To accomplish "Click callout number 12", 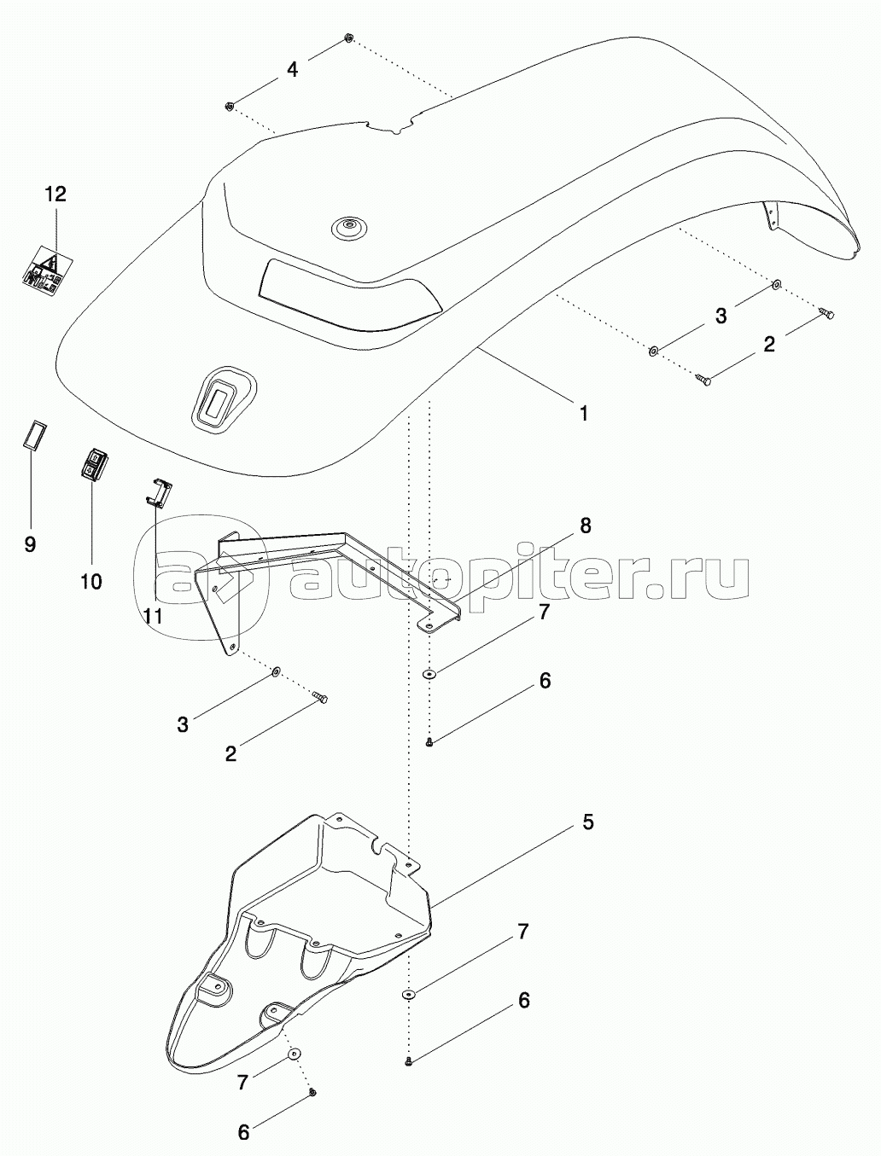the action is pyautogui.click(x=55, y=195).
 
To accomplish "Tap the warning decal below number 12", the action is pyautogui.click(x=48, y=271).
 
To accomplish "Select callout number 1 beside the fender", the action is pyautogui.click(x=583, y=413).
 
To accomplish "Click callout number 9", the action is pyautogui.click(x=30, y=544).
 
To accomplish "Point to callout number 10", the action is pyautogui.click(x=91, y=582).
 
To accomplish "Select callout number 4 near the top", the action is pyautogui.click(x=291, y=69).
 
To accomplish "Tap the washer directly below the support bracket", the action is pyautogui.click(x=430, y=673).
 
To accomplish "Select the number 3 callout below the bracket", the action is pyautogui.click(x=183, y=724).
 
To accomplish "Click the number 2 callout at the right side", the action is pyautogui.click(x=769, y=345).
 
